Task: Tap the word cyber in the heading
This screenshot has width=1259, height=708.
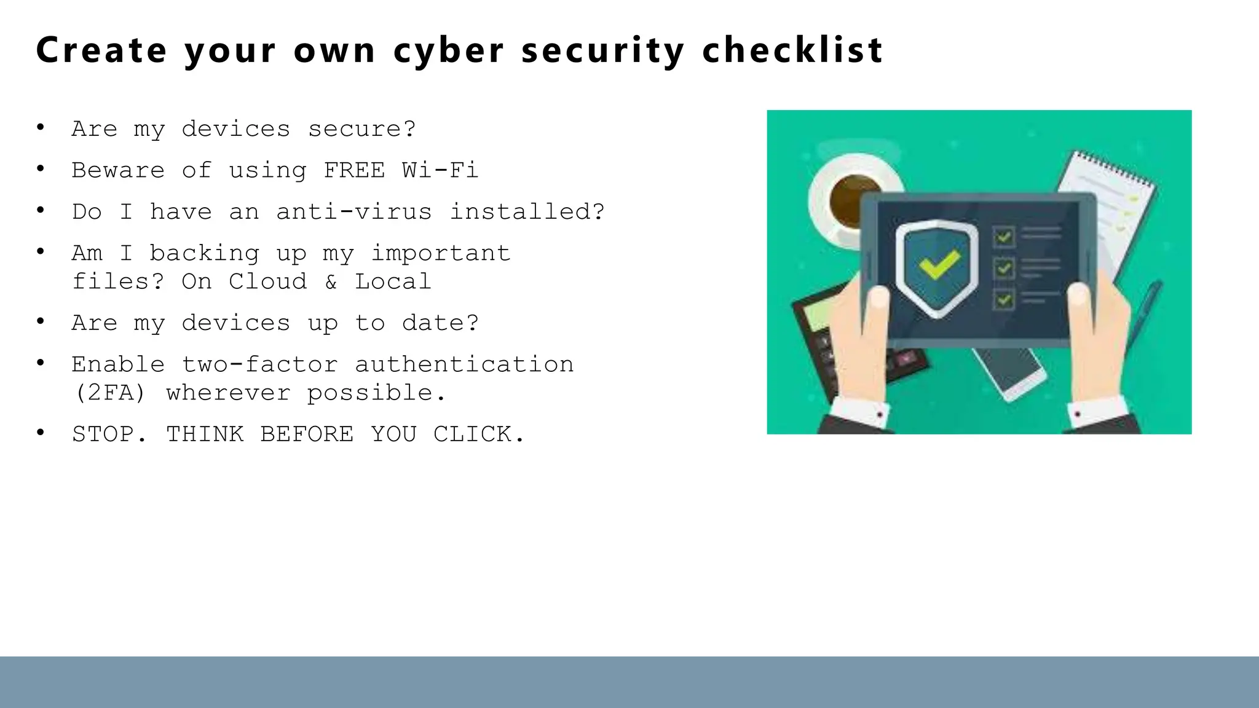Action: [x=449, y=51]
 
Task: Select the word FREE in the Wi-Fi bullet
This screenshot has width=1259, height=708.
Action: [x=354, y=170]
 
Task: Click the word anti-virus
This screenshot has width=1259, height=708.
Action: [x=354, y=212]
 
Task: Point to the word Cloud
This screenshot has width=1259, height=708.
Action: [x=267, y=281]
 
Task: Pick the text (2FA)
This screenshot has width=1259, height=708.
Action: [x=109, y=393]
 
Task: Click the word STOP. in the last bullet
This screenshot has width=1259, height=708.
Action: [x=109, y=435]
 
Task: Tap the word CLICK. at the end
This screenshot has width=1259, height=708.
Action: [x=480, y=435]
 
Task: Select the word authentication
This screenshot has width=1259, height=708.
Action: [x=464, y=364]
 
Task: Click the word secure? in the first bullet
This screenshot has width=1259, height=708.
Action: [x=361, y=129]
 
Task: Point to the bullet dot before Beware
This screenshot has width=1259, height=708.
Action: [x=41, y=168]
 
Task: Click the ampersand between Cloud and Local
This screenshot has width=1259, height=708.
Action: [x=331, y=281]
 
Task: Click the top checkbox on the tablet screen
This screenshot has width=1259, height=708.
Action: [x=1004, y=237]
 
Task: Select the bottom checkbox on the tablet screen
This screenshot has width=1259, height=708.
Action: [x=1004, y=300]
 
